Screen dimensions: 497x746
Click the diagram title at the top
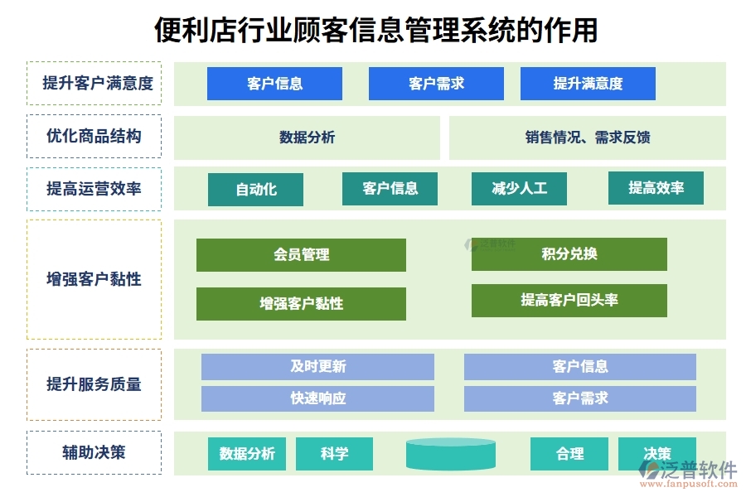375,30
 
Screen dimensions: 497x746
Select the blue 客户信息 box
274,84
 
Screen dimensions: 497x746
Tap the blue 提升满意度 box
588,84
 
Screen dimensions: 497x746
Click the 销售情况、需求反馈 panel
587,138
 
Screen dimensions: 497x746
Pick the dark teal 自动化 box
255,190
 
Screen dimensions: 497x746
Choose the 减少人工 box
519,189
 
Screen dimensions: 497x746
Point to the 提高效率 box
656,188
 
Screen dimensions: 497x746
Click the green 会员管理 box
301,255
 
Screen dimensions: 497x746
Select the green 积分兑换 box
569,254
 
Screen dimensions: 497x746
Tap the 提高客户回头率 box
569,301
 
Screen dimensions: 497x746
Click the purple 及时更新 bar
317,367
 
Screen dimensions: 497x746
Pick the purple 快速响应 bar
317,398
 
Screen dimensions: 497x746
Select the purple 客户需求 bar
579,398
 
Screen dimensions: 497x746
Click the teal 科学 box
334,454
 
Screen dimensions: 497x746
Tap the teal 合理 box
569,454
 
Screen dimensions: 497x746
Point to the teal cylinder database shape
451,454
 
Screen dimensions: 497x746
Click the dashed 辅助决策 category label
94,452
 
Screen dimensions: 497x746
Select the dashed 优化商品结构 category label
94,137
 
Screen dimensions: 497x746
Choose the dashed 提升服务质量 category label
94,384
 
